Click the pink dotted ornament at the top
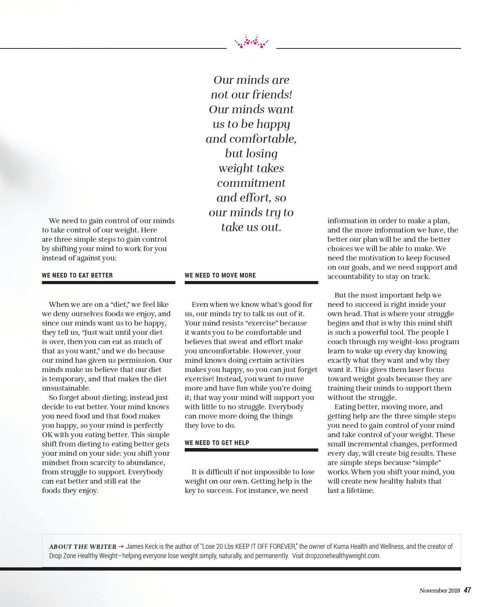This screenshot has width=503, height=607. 251,42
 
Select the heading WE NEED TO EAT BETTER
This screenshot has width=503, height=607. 77,275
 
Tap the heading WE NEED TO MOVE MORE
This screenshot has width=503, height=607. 220,275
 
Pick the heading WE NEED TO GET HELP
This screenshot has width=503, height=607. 217,443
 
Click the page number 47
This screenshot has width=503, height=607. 467,590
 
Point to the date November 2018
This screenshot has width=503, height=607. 439,591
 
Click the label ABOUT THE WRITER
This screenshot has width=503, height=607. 83,547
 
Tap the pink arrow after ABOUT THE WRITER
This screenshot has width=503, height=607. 121,547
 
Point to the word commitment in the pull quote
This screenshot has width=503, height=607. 251,183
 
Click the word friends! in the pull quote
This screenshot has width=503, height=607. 272,95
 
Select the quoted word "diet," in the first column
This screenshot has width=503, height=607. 120,305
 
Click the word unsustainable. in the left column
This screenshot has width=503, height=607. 66,388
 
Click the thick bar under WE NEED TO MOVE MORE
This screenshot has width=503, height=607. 251,283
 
